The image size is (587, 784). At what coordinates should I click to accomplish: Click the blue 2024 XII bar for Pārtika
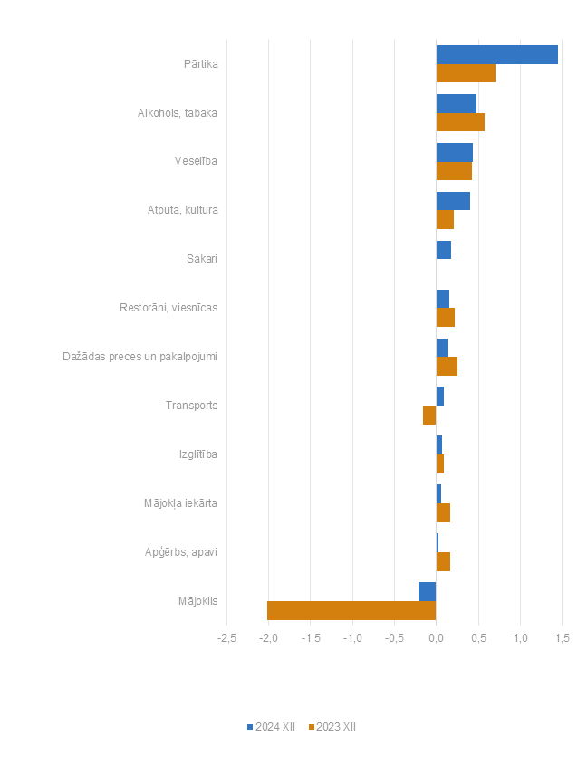tap(496, 54)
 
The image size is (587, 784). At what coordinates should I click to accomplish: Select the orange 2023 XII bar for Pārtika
tap(466, 73)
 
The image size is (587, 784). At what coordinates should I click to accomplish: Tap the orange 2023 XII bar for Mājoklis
tap(351, 610)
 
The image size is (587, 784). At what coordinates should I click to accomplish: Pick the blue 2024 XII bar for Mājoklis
tap(427, 591)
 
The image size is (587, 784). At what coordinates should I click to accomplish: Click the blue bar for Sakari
tap(443, 250)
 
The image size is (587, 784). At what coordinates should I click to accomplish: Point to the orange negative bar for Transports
tap(429, 415)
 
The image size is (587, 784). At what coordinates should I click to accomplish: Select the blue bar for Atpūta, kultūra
tap(453, 201)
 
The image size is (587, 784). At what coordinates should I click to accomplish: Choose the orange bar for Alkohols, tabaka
tap(460, 122)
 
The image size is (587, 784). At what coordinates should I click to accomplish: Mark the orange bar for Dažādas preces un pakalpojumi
tap(447, 366)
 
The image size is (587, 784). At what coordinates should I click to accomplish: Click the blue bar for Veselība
tap(454, 152)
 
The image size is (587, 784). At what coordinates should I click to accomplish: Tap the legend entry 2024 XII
tap(271, 727)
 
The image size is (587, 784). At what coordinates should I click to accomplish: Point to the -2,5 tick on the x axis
tap(226, 638)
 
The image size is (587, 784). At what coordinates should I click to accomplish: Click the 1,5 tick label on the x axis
tap(562, 638)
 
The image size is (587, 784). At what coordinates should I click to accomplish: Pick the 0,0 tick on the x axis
tap(436, 638)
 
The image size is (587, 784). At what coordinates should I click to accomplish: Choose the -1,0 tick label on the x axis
tap(351, 638)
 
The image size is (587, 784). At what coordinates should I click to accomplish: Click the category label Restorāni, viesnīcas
tap(168, 308)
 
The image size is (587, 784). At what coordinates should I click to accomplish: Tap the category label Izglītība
tap(197, 454)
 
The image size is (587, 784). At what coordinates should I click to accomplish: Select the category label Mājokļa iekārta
tap(180, 503)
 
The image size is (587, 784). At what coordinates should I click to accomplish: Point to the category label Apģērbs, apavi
tap(181, 552)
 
